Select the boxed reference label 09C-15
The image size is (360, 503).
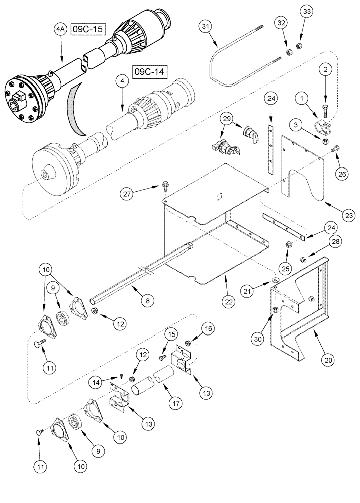87,29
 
